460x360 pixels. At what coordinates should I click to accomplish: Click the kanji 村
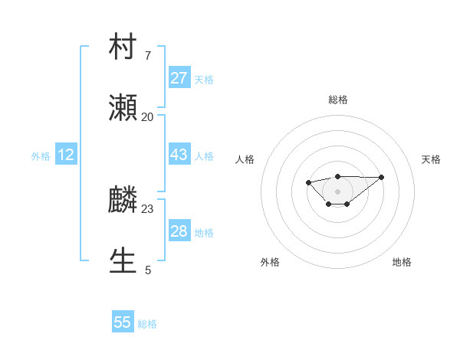click(x=123, y=46)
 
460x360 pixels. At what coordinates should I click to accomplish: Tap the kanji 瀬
click(x=123, y=109)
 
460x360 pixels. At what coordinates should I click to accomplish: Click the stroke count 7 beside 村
click(x=147, y=55)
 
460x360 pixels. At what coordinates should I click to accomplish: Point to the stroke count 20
click(x=147, y=117)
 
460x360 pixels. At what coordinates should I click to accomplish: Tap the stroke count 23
click(x=147, y=208)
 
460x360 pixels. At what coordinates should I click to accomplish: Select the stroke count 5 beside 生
click(x=148, y=270)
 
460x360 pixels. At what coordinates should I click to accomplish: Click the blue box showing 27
click(x=179, y=78)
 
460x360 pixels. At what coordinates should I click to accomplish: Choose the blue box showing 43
click(x=179, y=155)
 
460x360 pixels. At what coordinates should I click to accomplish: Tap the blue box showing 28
click(x=179, y=231)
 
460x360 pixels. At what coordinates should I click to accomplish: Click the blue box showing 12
click(x=66, y=155)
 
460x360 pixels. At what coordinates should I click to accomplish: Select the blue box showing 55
click(x=123, y=322)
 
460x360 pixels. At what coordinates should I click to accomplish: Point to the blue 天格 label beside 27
click(x=204, y=79)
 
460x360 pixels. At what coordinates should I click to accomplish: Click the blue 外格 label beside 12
click(x=41, y=155)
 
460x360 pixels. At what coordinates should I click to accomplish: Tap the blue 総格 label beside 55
click(x=147, y=324)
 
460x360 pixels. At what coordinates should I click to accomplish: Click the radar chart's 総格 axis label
click(x=337, y=100)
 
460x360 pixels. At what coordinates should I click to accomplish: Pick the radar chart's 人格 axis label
click(x=245, y=159)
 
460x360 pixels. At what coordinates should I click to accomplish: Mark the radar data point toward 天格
click(x=382, y=177)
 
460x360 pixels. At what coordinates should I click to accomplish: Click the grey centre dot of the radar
click(x=337, y=191)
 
